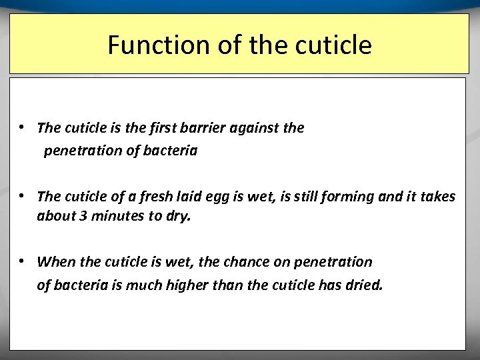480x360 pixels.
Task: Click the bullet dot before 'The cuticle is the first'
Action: click(x=23, y=127)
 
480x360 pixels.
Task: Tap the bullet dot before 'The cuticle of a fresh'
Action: click(x=23, y=195)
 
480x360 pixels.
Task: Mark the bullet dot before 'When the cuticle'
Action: click(x=23, y=261)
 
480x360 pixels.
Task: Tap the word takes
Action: click(x=436, y=196)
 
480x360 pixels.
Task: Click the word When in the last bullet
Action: click(x=55, y=261)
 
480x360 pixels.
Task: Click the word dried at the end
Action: click(x=365, y=285)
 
